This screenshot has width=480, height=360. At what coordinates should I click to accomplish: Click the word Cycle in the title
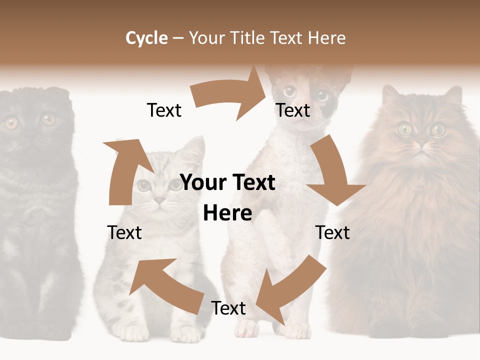coord(146,38)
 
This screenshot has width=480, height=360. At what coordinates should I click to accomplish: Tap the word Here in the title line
coord(327,38)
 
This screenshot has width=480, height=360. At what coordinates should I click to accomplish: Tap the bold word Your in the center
coord(204,183)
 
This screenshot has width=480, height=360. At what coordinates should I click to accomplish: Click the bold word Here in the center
coord(227,213)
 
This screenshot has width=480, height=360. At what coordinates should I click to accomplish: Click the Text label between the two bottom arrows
coord(228,308)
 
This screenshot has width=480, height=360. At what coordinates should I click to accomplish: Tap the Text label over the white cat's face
coord(293,110)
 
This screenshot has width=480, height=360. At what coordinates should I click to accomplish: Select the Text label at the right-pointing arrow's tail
coord(164,110)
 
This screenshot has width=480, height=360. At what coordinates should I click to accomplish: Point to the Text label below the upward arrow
coord(124,232)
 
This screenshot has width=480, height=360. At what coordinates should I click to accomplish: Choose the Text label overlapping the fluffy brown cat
coord(332,232)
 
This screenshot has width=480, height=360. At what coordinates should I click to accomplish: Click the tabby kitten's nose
coord(159,200)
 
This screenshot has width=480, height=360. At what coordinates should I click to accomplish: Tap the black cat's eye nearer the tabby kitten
coord(48,120)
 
